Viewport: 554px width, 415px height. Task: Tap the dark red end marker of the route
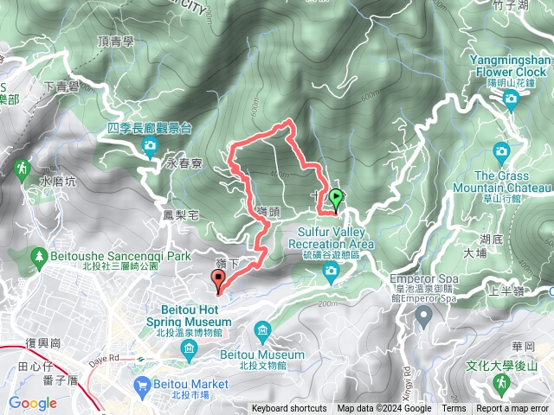218,279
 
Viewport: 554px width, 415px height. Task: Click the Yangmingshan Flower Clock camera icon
511,99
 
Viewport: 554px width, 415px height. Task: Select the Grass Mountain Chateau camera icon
501,152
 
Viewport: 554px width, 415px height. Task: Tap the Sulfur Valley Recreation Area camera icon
331,273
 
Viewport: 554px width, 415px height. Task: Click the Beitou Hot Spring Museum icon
190,348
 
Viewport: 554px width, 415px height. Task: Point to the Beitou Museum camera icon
262,329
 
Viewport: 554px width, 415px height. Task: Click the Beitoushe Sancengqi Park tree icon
38,257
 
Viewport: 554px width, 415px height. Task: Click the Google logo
32,403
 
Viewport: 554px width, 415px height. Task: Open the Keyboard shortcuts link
289,409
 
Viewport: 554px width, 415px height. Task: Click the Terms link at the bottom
454,409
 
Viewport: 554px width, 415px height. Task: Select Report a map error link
512,409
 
